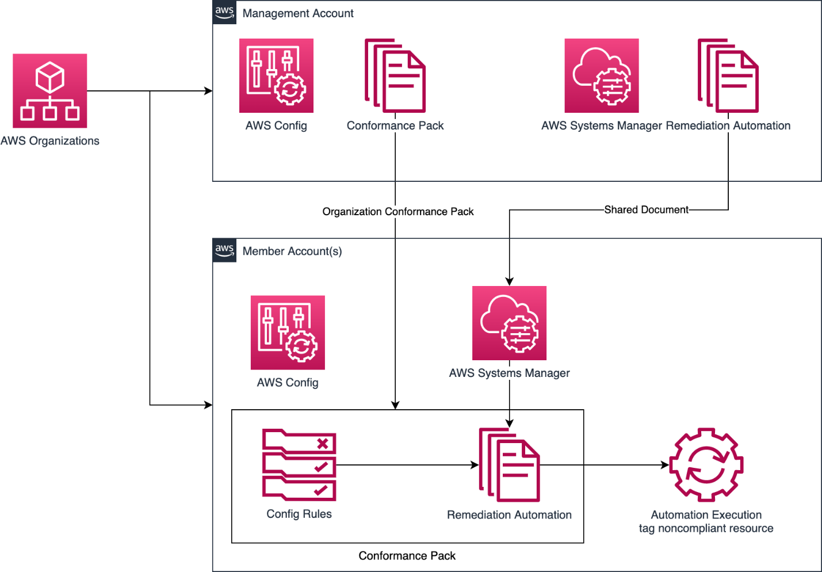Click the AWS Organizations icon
coord(49,90)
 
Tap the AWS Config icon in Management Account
coord(276,75)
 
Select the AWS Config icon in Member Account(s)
coord(288,332)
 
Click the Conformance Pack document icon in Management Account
coord(395,75)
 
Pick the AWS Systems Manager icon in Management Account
coord(601,75)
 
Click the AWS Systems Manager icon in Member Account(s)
coord(509,323)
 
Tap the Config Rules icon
coord(299,464)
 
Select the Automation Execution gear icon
coord(706,464)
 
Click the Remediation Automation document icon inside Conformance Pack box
coord(509,464)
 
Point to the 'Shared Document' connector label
coord(646,209)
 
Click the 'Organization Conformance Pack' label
coord(397,211)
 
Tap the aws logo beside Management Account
coord(224,12)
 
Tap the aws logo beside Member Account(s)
coord(224,250)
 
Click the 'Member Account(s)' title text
coord(292,251)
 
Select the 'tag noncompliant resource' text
coord(706,528)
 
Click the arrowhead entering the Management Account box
coord(209,91)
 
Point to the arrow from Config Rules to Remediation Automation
coord(403,465)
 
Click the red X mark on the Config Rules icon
coord(323,443)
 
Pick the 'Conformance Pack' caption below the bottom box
coord(407,555)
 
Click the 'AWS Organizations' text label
coord(49,140)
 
